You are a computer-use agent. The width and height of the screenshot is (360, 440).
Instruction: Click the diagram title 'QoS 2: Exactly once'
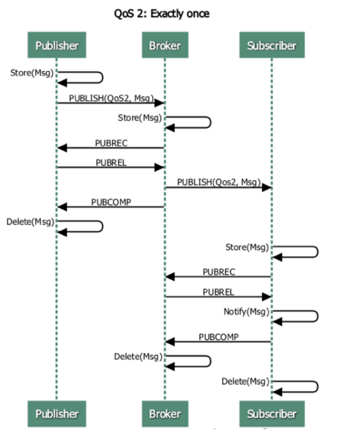[161, 14]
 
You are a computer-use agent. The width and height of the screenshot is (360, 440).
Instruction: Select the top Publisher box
[57, 45]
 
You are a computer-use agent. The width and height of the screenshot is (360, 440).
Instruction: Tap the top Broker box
[165, 45]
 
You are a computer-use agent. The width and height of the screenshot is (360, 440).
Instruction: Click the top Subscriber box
[272, 45]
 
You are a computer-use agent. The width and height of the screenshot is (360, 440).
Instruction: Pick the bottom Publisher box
[57, 414]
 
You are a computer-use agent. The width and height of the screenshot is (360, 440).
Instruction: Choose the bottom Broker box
[165, 414]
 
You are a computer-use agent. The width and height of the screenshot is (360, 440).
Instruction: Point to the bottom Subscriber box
[272, 414]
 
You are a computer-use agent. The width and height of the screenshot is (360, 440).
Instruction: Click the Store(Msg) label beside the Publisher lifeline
[32, 73]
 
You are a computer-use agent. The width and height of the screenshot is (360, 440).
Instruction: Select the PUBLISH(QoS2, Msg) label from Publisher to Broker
[111, 98]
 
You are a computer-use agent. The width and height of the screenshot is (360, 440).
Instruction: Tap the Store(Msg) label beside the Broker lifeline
[140, 118]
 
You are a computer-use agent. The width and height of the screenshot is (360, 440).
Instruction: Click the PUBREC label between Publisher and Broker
[111, 143]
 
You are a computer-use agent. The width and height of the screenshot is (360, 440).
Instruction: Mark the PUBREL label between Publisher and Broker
[111, 163]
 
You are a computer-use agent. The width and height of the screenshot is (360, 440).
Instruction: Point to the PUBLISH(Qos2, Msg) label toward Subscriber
[219, 182]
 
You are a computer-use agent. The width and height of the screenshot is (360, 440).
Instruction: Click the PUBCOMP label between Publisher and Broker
[111, 203]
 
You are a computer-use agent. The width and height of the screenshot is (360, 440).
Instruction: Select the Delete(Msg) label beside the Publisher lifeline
[30, 222]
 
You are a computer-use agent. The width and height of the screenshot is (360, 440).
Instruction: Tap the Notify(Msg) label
[246, 312]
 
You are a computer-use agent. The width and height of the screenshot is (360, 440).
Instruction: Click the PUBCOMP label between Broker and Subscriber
[219, 337]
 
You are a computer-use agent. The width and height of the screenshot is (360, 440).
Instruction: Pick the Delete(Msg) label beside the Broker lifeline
[138, 357]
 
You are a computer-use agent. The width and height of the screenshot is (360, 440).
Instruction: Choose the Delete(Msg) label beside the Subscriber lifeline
[246, 382]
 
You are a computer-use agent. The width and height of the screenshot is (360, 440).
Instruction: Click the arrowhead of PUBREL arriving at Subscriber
[267, 297]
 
